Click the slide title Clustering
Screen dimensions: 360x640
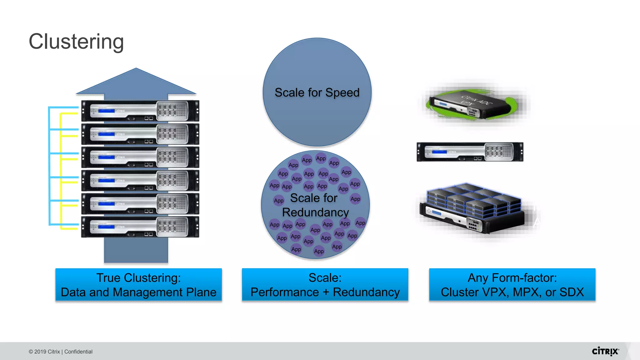pyautogui.click(x=76, y=42)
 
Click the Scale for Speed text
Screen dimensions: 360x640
pyautogui.click(x=317, y=92)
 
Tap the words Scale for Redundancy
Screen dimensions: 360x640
pyautogui.click(x=315, y=205)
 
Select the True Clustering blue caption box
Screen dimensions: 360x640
pyautogui.click(x=138, y=285)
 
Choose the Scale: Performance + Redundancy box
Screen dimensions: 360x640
pyautogui.click(x=325, y=285)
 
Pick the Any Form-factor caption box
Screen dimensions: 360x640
pyautogui.click(x=512, y=285)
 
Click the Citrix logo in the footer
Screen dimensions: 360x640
pyautogui.click(x=605, y=351)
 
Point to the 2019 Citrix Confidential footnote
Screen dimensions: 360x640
pyautogui.click(x=61, y=352)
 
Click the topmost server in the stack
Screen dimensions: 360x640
pyautogui.click(x=140, y=111)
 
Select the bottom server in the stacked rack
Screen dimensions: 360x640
pyautogui.click(x=140, y=227)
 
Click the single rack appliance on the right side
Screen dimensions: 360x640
pyautogui.click(x=470, y=152)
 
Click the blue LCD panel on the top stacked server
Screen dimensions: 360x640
pyautogui.click(x=106, y=111)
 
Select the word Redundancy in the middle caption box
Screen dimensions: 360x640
pyautogui.click(x=366, y=292)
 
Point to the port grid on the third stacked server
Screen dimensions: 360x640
pyautogui.click(x=172, y=157)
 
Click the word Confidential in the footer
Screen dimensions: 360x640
pyautogui.click(x=78, y=352)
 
